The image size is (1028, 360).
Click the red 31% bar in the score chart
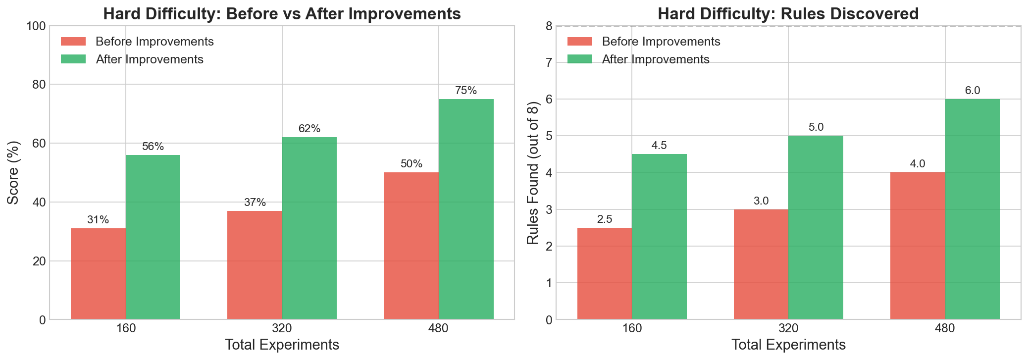98,274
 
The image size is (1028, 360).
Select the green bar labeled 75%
466,209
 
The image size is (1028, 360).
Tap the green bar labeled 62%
309,228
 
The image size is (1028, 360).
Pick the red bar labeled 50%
411,246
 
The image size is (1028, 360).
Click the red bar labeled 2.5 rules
605,274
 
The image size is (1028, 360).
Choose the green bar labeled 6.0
973,209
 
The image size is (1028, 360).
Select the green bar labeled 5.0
816,228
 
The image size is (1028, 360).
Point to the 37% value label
255,203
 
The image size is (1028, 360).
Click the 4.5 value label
659,146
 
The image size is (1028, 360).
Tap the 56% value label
153,147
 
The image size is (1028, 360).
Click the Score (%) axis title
13,172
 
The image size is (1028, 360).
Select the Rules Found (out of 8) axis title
532,172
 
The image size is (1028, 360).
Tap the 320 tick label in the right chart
788,329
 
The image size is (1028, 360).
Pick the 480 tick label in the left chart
439,329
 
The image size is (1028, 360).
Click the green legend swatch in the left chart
73,59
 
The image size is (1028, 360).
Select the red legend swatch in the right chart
579,42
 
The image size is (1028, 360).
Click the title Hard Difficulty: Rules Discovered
788,14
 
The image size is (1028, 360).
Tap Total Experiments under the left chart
282,345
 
